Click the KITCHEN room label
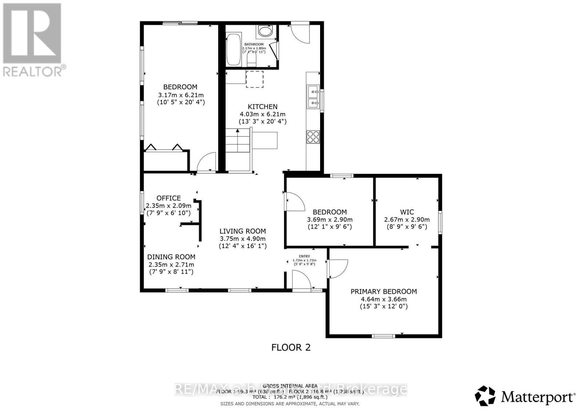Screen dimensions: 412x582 pyautogui.click(x=262, y=107)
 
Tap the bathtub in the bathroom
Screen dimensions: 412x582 pyautogui.click(x=233, y=49)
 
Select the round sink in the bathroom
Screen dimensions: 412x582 pyautogui.click(x=264, y=32)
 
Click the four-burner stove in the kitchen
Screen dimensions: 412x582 pyautogui.click(x=313, y=137)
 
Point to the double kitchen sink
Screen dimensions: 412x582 pyautogui.click(x=313, y=97)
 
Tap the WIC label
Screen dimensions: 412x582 pyautogui.click(x=407, y=212)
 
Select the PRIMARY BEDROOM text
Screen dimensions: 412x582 pyautogui.click(x=383, y=291)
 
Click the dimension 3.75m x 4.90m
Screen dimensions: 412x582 pyautogui.click(x=242, y=239)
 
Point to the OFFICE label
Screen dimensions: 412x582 pyautogui.click(x=168, y=198)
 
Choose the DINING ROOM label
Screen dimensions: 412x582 pyautogui.click(x=171, y=257)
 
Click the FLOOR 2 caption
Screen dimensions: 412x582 pyautogui.click(x=291, y=347)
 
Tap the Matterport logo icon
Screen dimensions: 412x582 pyautogui.click(x=485, y=396)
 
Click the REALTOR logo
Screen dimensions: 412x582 pyautogui.click(x=32, y=39)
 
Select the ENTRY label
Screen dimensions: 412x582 pyautogui.click(x=304, y=256)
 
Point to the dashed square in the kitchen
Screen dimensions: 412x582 pyautogui.click(x=255, y=79)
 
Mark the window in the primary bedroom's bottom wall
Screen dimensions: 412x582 pyautogui.click(x=383, y=336)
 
